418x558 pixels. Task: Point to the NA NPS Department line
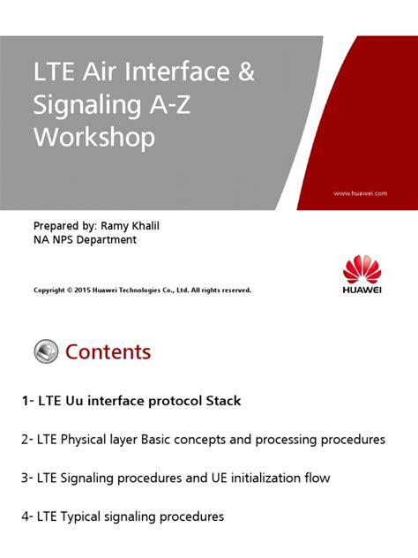tap(85, 240)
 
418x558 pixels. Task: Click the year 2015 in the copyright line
tap(84, 290)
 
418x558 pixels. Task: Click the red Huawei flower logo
tap(364, 271)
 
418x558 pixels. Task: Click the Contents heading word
tap(108, 352)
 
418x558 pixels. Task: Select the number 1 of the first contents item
tap(26, 401)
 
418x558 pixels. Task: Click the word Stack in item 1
tap(224, 401)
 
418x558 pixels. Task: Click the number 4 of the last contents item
tap(25, 517)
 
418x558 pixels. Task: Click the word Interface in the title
tap(180, 73)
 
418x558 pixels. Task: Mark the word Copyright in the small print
tap(50, 290)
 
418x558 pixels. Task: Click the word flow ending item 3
tap(316, 478)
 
